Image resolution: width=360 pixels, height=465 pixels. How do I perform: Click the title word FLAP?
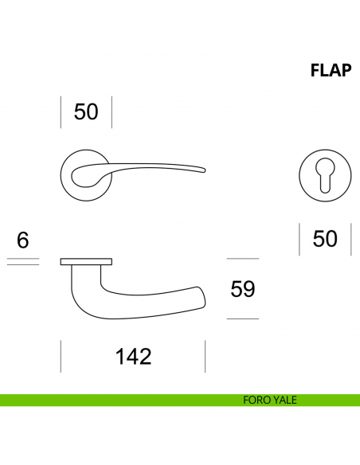pos(331,71)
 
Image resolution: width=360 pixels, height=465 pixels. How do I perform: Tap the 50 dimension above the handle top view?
pos(86,112)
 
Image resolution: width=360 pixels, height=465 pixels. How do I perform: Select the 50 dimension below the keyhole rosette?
pos(325,238)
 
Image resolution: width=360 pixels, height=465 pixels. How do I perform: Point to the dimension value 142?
pos(133,356)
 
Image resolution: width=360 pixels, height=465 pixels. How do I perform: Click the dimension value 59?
pos(242,288)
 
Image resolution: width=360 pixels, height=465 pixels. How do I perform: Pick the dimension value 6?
pos(22,239)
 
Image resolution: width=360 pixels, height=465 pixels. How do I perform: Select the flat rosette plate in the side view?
pos(86,261)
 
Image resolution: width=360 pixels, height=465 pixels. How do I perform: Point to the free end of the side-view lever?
pos(199,295)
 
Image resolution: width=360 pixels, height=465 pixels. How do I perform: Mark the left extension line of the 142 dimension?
pos(61,356)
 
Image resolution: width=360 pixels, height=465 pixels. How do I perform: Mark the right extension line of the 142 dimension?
pos(205,356)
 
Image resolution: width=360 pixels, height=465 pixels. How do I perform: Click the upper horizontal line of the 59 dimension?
pos(242,259)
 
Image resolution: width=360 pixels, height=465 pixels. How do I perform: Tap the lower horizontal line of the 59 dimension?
pos(242,318)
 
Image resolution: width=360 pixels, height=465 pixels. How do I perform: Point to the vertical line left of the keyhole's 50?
pos(299,239)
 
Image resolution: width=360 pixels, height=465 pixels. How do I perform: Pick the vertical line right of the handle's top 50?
pos(112,112)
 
